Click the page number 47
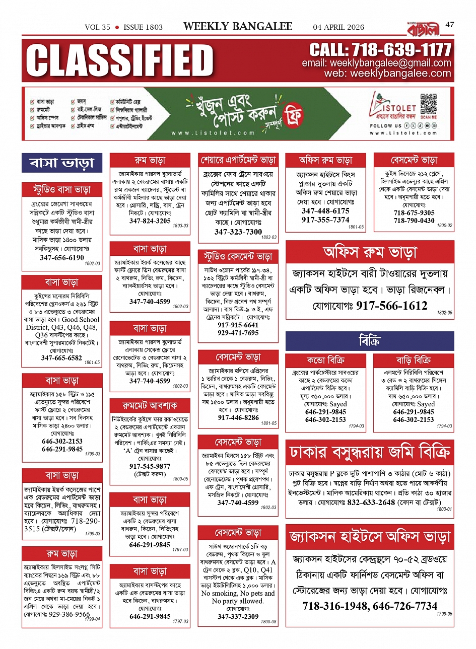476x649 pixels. pyautogui.click(x=449, y=24)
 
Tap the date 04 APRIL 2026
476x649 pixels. pyautogui.click(x=338, y=27)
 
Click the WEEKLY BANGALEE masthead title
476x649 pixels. pyautogui.click(x=238, y=26)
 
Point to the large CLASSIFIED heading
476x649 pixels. pyautogui.click(x=120, y=60)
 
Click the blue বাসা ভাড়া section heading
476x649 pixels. pyautogui.click(x=62, y=163)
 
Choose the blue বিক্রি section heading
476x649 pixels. pyautogui.click(x=370, y=341)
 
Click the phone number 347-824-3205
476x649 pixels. pyautogui.click(x=150, y=221)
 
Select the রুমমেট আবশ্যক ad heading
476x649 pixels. pyautogui.click(x=150, y=405)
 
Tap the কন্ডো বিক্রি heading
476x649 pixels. pyautogui.click(x=326, y=360)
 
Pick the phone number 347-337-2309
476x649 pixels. pyautogui.click(x=238, y=616)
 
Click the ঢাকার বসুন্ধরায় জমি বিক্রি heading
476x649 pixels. pyautogui.click(x=370, y=452)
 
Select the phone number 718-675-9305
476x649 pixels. pyautogui.click(x=414, y=213)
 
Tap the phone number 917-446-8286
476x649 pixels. pyautogui.click(x=238, y=417)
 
